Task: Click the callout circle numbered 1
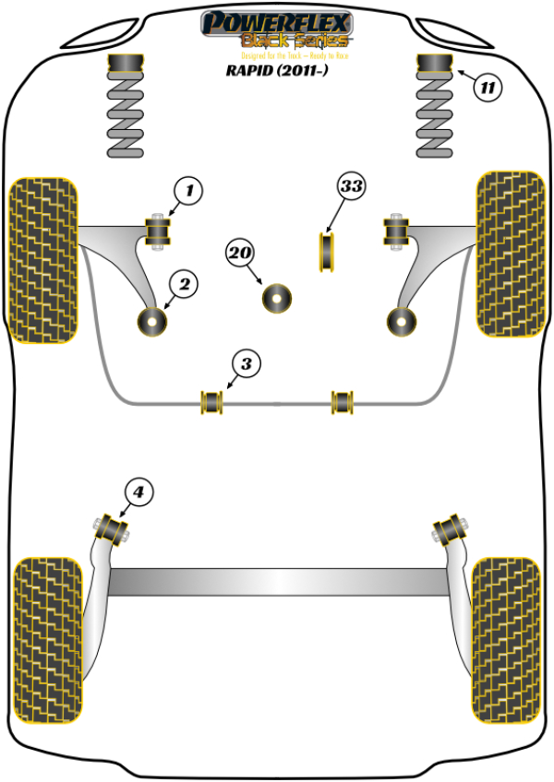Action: coord(188,192)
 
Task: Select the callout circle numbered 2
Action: coord(184,285)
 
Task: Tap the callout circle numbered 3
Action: coord(245,364)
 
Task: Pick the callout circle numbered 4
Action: coord(138,493)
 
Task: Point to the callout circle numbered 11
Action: coord(488,89)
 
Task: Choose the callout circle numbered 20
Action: coord(240,253)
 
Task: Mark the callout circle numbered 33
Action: coord(351,187)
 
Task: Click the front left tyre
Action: coord(42,261)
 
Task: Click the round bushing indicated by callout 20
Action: coord(276,298)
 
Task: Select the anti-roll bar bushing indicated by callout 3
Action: coord(213,402)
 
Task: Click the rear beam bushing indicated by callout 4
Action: coord(112,527)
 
